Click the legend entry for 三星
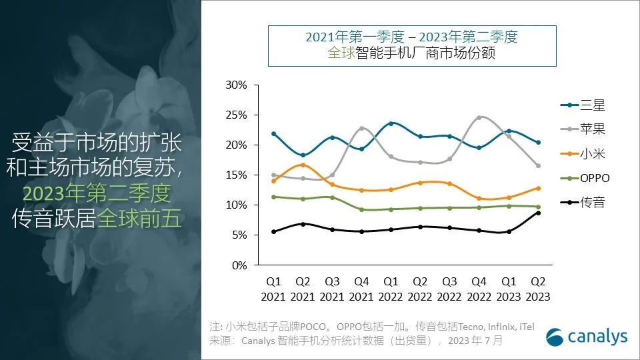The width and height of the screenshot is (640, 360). (583, 105)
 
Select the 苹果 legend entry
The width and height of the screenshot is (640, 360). (583, 129)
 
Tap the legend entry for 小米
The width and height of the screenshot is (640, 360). (583, 154)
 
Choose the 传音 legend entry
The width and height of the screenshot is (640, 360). (583, 203)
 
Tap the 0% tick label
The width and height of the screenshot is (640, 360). (239, 265)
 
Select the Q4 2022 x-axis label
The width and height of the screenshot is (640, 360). (479, 289)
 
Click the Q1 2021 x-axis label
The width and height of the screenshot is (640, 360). (273, 289)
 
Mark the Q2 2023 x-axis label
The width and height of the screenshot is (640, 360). (537, 289)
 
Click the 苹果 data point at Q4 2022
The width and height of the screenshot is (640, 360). (479, 118)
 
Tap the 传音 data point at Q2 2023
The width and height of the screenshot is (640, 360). (537, 213)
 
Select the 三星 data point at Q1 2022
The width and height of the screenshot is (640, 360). (391, 123)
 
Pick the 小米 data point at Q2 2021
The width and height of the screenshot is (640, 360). (303, 165)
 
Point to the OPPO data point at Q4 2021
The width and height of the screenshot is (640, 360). (361, 210)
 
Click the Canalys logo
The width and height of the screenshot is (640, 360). (586, 337)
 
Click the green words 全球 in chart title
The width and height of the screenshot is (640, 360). (341, 53)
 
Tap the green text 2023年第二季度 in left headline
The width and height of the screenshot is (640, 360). (97, 194)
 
